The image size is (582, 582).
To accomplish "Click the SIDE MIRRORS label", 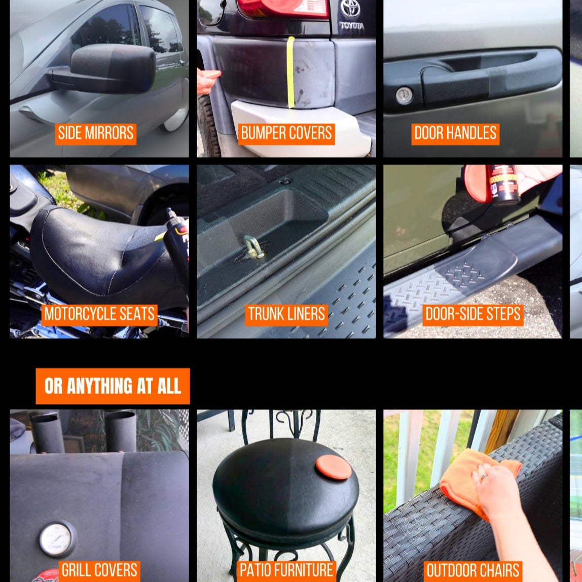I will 95,133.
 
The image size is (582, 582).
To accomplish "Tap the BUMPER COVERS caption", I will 286,133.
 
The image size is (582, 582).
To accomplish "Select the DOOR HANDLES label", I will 455,133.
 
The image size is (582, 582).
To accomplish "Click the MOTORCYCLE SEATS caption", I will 99,314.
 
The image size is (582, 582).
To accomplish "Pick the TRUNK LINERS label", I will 286,314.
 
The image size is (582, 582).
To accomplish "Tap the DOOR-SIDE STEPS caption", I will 472,314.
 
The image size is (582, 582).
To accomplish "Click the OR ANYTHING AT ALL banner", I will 113,386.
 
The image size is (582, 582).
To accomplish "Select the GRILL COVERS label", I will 99,570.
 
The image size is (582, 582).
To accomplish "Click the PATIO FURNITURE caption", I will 286,570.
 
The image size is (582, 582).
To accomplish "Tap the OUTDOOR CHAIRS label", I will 472,570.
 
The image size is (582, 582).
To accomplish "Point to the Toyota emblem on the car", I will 350,9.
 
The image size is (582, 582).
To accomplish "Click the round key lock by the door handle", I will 404,96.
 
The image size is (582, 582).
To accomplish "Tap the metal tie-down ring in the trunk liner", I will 252,247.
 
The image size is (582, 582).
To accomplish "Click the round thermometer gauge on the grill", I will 57,539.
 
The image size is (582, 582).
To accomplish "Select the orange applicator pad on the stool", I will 333,467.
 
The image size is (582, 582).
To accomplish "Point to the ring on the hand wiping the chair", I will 483,477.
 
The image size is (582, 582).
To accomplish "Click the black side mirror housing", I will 113,68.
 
